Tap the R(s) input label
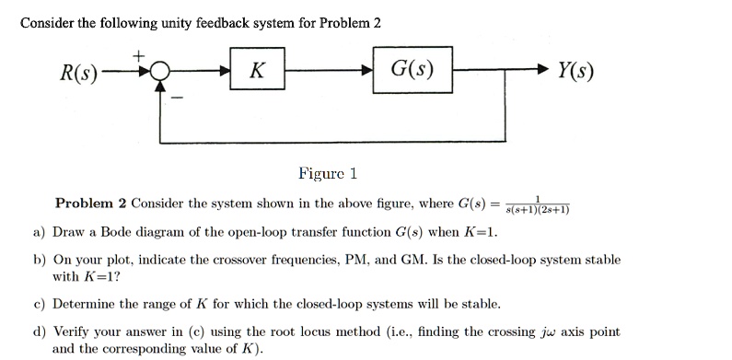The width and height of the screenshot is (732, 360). (x=78, y=72)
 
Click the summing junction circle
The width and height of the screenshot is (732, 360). (x=160, y=72)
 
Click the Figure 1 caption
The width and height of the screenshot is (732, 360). (x=327, y=173)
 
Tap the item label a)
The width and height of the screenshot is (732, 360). (x=40, y=231)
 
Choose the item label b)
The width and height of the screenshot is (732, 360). (x=40, y=261)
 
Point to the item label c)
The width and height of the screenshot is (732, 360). (x=40, y=303)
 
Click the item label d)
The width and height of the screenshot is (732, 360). (x=40, y=331)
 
